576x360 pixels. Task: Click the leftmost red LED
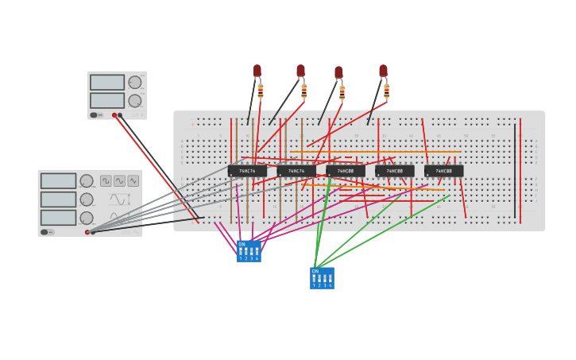pyautogui.click(x=257, y=71)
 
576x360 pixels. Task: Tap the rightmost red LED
pyautogui.click(x=383, y=71)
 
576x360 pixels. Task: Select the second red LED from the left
pyautogui.click(x=300, y=71)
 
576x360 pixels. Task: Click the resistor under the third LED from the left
pyautogui.click(x=342, y=93)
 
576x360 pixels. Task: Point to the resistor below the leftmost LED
pyautogui.click(x=260, y=91)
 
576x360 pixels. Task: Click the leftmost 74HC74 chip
pyautogui.click(x=247, y=171)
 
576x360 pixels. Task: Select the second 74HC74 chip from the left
pyautogui.click(x=296, y=171)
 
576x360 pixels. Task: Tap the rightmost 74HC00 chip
pyautogui.click(x=443, y=171)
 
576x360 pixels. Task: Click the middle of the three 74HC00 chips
pyautogui.click(x=395, y=171)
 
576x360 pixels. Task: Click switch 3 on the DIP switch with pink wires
pyautogui.click(x=251, y=252)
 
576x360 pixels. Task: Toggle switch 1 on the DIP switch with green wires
pyautogui.click(x=314, y=279)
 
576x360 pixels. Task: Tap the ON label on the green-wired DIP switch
pyautogui.click(x=315, y=271)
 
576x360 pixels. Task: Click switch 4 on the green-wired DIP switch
pyautogui.click(x=330, y=279)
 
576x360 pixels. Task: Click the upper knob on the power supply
pyautogui.click(x=135, y=82)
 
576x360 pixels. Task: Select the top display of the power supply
pyautogui.click(x=107, y=82)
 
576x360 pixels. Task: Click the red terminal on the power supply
pyautogui.click(x=114, y=115)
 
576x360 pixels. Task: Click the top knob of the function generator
pyautogui.click(x=87, y=181)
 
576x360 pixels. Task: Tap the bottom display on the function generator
pyautogui.click(x=59, y=218)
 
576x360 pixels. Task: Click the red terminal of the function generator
pyautogui.click(x=87, y=232)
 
